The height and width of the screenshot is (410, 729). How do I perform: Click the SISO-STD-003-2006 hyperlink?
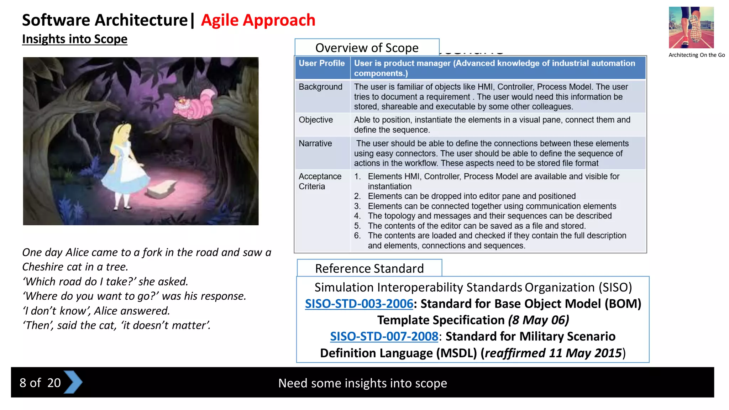359,304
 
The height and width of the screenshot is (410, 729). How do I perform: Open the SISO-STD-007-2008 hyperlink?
384,336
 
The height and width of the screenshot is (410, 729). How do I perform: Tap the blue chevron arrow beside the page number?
73,382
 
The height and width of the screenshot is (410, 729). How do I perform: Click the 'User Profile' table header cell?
322,63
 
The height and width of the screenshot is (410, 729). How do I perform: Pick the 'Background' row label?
320,87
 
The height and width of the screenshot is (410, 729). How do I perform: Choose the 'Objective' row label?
316,120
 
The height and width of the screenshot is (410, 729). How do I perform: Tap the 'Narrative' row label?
315,143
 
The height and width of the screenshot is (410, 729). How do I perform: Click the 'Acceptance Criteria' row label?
320,181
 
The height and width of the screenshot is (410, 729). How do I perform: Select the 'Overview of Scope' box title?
367,48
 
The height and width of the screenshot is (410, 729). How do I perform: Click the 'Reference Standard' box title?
369,268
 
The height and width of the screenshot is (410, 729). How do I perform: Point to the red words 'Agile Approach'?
258,20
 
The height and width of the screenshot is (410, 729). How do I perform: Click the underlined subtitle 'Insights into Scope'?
75,39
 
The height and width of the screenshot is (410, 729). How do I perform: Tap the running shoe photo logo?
691,27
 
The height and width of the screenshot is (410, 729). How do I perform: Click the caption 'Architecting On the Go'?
696,55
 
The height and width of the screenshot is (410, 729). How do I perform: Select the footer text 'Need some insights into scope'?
362,383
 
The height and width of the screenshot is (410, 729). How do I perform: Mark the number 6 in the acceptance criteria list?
357,236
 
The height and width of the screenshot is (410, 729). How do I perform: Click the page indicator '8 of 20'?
40,383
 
